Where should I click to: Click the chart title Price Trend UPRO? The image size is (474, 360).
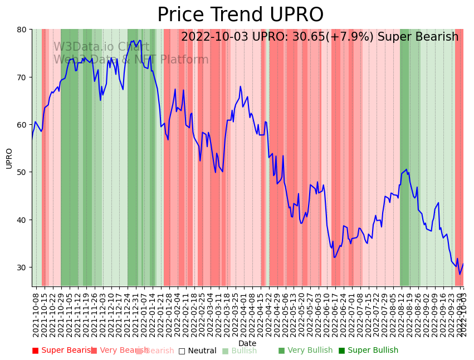(x=240, y=15)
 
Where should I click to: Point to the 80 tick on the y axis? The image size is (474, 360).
(x=23, y=30)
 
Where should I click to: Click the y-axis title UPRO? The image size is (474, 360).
(x=9, y=158)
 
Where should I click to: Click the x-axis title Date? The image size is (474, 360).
(x=247, y=343)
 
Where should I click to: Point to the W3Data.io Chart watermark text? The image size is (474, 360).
(x=101, y=47)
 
